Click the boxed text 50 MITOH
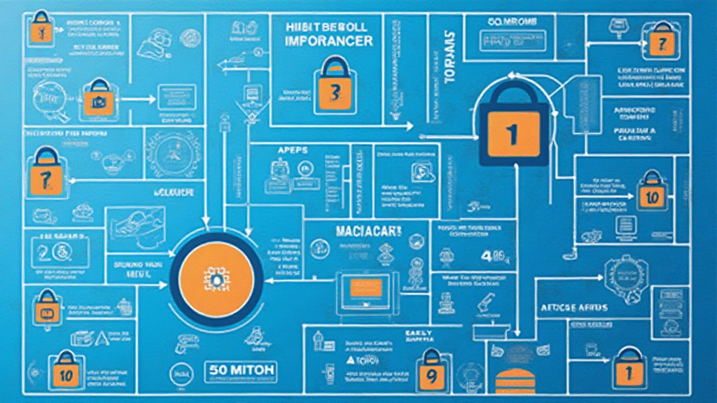point(242,369)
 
